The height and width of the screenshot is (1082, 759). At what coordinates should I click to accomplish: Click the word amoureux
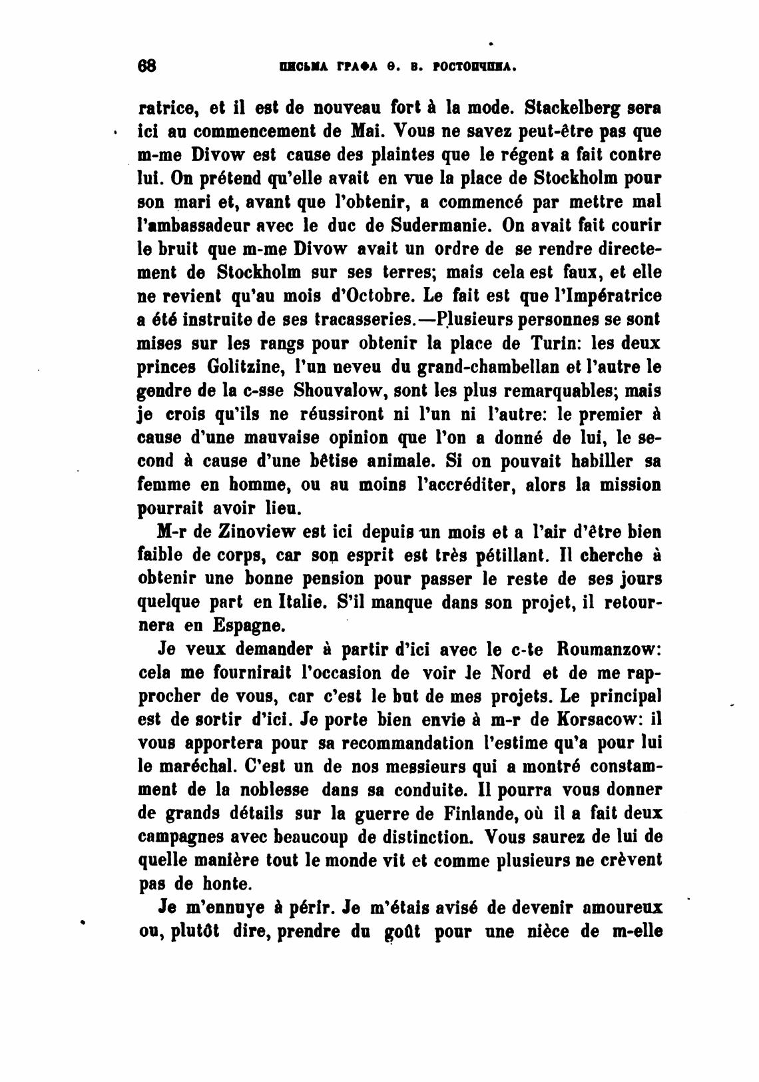[622, 908]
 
